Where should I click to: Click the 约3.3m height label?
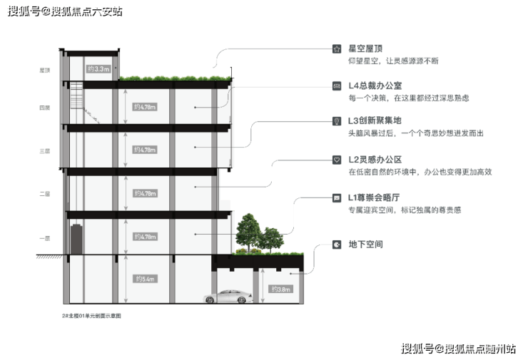click(98, 69)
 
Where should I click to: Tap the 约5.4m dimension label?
click(144, 278)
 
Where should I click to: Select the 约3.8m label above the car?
click(281, 289)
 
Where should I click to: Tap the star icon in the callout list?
click(336, 48)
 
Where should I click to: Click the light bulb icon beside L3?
click(336, 121)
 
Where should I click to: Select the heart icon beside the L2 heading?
click(336, 160)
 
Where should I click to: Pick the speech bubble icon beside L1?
click(336, 197)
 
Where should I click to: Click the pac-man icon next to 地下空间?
click(336, 245)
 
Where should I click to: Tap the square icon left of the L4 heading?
click(336, 85)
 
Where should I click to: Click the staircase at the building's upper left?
click(78, 100)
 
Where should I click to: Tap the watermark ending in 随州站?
click(457, 348)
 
